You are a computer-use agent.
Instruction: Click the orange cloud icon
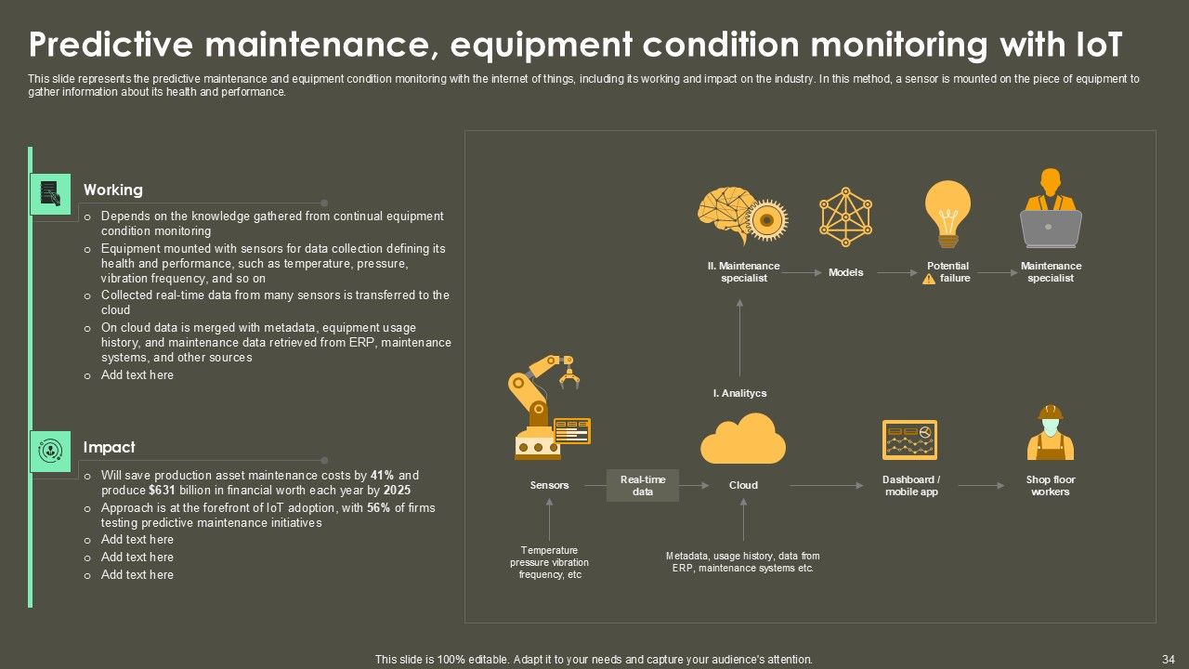coord(743,439)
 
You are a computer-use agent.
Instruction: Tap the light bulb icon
coord(948,214)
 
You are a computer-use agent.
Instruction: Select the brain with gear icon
coord(742,215)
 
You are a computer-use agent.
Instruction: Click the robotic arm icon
coord(549,407)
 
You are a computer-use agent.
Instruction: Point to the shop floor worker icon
coord(1051,433)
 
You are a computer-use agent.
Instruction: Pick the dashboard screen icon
coord(909,440)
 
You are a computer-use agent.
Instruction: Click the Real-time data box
coord(642,485)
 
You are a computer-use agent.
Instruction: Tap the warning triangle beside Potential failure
coord(929,280)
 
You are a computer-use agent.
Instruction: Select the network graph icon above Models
coord(845,216)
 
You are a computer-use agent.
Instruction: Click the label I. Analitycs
coord(739,393)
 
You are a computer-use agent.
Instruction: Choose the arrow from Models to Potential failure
coord(897,273)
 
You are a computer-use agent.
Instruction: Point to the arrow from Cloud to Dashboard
coord(827,485)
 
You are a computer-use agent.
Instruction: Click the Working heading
coord(113,190)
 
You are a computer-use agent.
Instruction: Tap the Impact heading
coord(110,447)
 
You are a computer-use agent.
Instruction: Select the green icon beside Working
coord(50,194)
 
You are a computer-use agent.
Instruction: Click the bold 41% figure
coord(382,475)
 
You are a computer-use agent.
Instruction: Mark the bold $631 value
coord(163,490)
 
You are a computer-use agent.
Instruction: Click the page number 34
coord(1169,660)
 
